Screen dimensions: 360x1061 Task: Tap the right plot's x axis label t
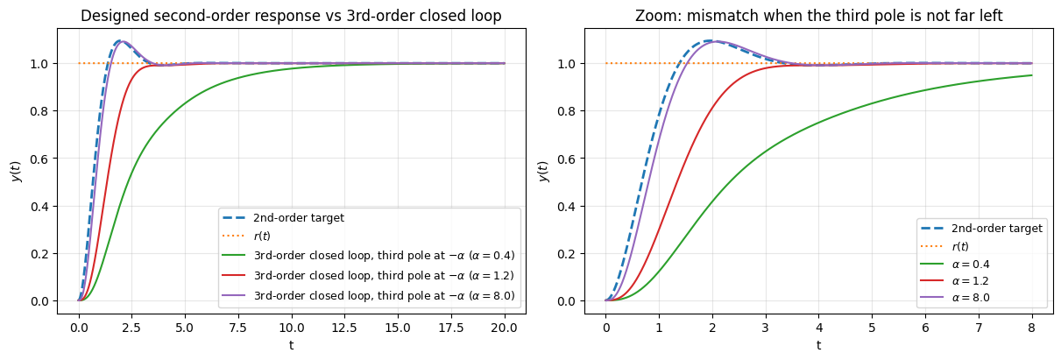(x=818, y=344)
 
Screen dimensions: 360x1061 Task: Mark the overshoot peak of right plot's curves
(x=711, y=41)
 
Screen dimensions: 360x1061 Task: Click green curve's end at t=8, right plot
(x=1032, y=75)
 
